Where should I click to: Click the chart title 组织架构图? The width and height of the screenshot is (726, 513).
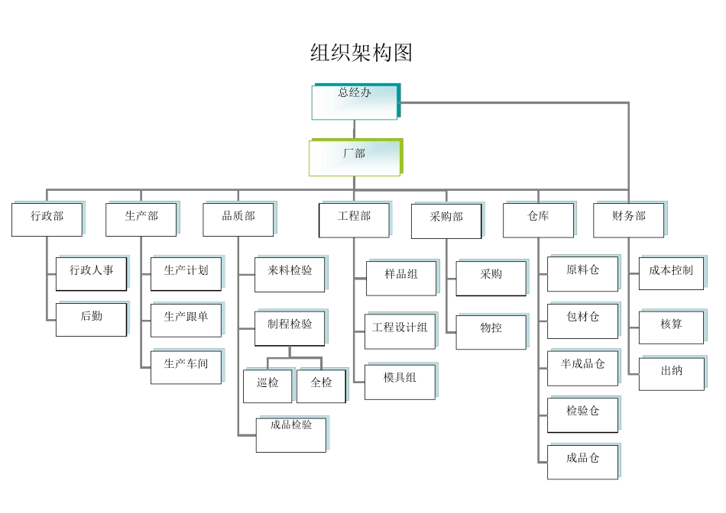(x=361, y=53)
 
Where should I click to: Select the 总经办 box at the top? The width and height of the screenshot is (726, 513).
(x=355, y=102)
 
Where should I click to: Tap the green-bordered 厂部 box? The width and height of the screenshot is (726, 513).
(x=355, y=157)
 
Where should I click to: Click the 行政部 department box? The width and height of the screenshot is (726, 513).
(x=47, y=218)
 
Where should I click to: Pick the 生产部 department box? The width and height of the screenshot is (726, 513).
(x=141, y=218)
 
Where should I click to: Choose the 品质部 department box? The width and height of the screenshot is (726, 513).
(x=238, y=218)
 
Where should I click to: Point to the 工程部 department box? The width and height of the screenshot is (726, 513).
(x=354, y=219)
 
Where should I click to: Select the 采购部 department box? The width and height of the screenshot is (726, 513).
(x=447, y=219)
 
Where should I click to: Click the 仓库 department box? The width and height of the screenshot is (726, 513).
(x=538, y=219)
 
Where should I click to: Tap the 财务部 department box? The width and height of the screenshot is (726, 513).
(x=629, y=219)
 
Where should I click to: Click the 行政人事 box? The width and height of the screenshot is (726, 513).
(x=92, y=273)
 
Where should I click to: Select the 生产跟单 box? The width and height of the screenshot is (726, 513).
(x=186, y=319)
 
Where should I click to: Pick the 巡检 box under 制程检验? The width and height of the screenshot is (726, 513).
(x=267, y=386)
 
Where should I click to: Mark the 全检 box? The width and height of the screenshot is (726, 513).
(x=321, y=386)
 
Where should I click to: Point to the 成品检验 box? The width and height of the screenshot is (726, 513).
(x=291, y=434)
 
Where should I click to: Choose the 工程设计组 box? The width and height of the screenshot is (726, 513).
(x=400, y=331)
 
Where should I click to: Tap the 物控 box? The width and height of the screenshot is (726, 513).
(x=491, y=331)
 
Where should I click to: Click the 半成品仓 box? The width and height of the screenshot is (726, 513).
(x=582, y=367)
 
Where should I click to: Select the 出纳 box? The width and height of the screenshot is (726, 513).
(x=672, y=373)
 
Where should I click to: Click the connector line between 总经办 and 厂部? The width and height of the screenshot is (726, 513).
(x=354, y=130)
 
